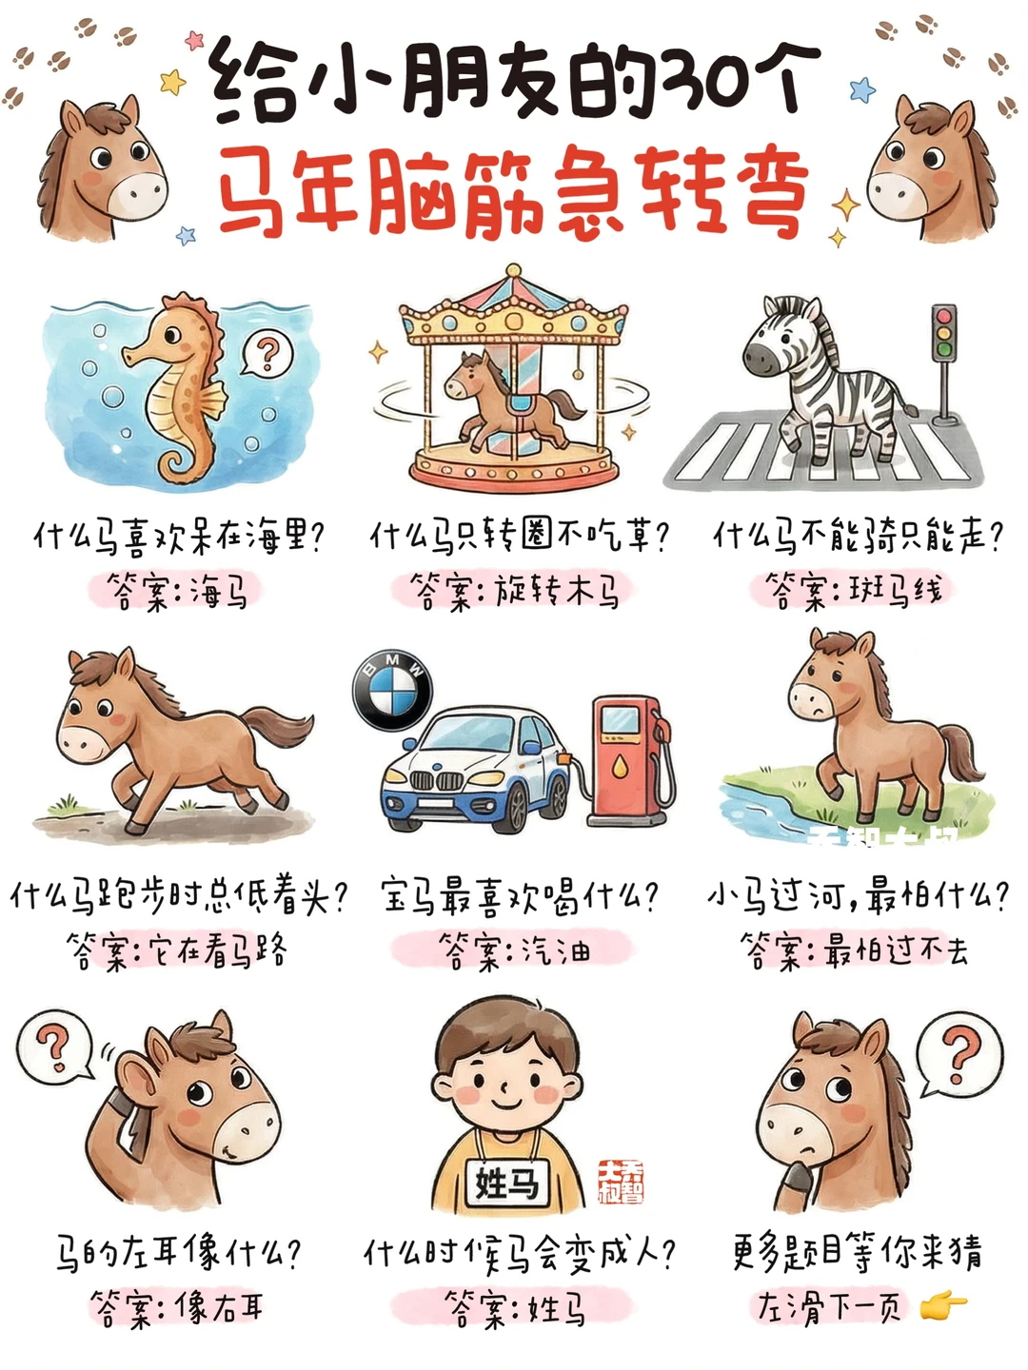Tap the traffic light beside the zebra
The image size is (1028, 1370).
point(943,362)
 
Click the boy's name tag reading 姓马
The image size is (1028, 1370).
point(506,1184)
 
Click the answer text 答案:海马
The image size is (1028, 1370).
point(177,593)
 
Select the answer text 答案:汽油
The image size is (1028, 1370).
point(514,949)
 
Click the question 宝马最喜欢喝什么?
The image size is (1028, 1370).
point(520,896)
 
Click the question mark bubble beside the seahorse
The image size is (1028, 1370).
point(267,354)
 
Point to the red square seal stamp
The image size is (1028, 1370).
point(621,1183)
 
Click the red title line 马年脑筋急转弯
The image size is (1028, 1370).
point(514,190)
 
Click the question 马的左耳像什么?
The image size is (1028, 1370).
point(177,1253)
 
